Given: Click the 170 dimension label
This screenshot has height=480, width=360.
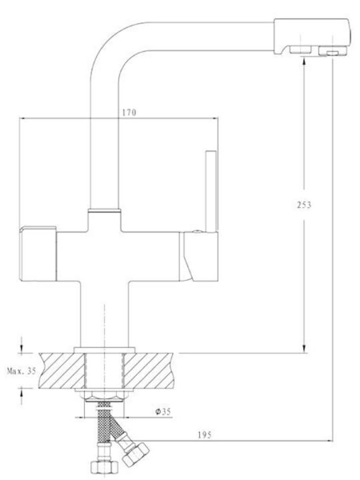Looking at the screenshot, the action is (129, 113).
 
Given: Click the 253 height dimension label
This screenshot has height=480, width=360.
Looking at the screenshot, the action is (304, 205).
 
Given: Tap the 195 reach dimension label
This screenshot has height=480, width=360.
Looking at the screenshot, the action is (205, 435).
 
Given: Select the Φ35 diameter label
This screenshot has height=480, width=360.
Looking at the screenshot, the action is (163, 411).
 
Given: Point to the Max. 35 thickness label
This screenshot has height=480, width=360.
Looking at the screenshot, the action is (21, 371).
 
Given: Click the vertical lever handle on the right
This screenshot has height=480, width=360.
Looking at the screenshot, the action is (211, 191).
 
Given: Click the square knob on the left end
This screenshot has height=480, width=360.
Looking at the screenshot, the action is (38, 253).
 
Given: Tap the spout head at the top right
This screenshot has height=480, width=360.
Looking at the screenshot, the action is (311, 37).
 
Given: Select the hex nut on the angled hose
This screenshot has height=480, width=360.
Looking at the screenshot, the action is (135, 454).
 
